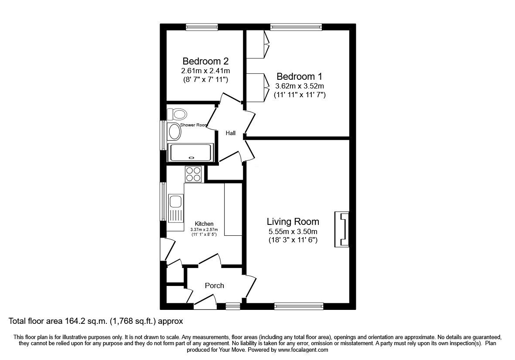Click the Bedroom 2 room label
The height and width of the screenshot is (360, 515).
click(x=205, y=61)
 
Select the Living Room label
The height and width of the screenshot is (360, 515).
click(x=293, y=221)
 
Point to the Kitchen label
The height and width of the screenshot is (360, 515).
click(x=204, y=224)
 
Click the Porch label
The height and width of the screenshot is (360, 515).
click(x=214, y=285)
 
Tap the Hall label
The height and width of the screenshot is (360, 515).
click(x=231, y=133)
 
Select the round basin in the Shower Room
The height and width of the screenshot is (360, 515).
click(x=175, y=132)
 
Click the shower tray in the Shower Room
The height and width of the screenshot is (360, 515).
click(x=191, y=153)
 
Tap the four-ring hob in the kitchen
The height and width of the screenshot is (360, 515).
click(x=193, y=174)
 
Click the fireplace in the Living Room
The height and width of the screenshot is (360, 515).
click(x=342, y=229)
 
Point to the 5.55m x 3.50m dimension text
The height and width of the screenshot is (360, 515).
click(x=293, y=231)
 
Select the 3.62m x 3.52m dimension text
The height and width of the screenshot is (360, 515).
click(x=300, y=86)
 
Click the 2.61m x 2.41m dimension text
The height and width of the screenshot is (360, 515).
click(x=205, y=71)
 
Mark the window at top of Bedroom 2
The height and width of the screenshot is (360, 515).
click(x=201, y=27)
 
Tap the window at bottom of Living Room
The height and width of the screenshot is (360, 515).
click(x=299, y=306)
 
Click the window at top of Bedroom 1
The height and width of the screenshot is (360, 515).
click(x=296, y=27)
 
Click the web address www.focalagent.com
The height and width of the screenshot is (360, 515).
click(x=303, y=350)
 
